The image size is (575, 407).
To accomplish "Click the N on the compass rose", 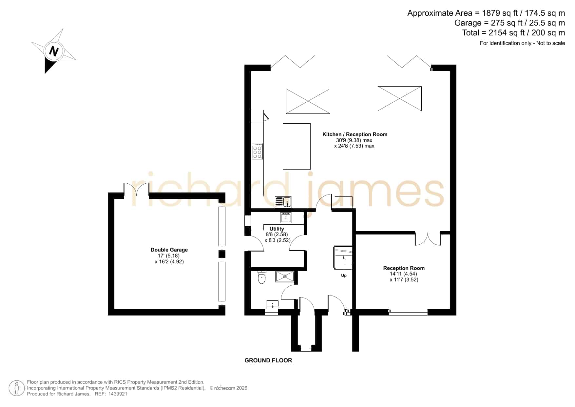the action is [54, 51].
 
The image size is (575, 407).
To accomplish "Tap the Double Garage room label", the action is [169, 250].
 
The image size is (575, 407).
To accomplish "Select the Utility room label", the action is [277, 229].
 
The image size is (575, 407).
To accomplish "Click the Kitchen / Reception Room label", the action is [355, 134].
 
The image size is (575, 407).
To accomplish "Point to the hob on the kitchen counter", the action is [258, 151].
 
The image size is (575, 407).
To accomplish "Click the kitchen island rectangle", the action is [297, 146].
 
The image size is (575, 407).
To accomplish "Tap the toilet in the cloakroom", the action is [262, 277].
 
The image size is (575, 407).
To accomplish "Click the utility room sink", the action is [286, 217].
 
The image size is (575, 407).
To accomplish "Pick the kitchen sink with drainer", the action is [283, 202].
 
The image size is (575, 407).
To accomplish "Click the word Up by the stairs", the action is [344, 275].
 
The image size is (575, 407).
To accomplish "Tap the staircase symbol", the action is [343, 258].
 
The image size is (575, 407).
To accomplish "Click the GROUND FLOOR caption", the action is [268, 360].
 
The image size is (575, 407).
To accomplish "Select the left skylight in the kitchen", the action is [308, 101].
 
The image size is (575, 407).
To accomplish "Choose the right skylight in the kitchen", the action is [400, 99].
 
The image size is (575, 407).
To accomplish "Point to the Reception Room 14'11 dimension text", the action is [403, 274].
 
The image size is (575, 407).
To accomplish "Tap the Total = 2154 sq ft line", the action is [513, 33].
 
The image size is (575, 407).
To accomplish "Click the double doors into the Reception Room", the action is [428, 239].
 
